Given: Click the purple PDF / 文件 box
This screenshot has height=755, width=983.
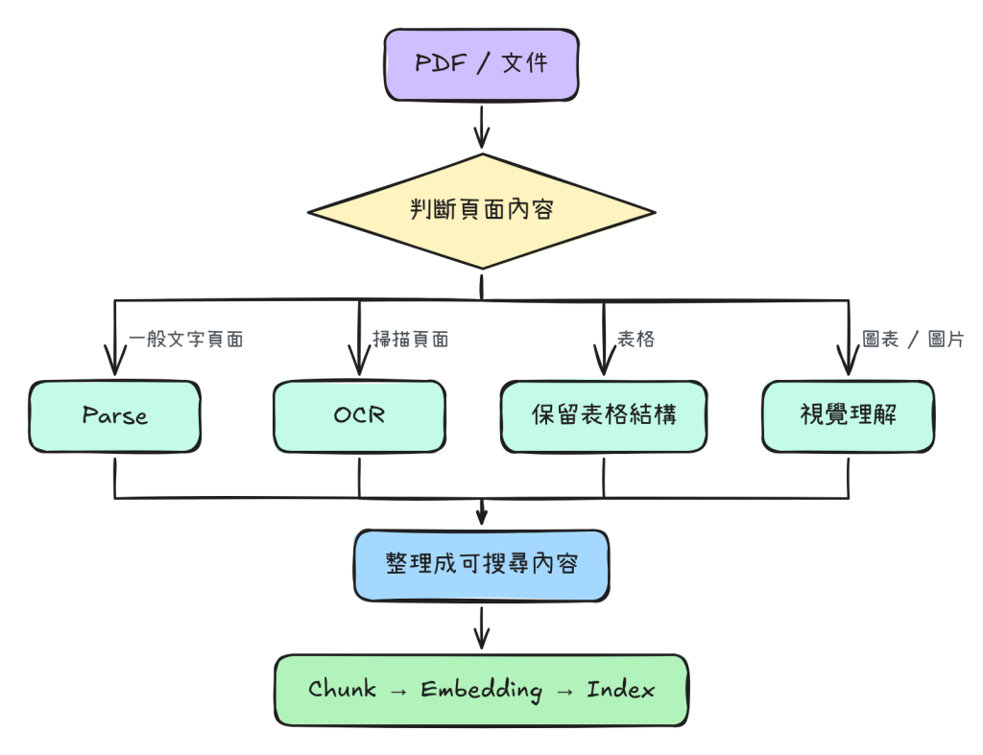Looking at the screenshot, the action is coord(482,64).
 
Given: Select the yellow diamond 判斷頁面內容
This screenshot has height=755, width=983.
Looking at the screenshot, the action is coord(482,212).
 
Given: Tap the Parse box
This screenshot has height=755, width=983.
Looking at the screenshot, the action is coord(115,416).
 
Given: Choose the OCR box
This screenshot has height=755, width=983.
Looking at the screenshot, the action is coord(359,416).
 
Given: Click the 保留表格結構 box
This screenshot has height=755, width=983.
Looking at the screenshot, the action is coord(604,416).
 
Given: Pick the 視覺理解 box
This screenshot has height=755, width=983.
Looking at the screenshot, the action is coord(849,416).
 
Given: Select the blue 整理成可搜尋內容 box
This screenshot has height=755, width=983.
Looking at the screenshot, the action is coord(482,565).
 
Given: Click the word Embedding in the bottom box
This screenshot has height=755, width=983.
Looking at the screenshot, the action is coord(482,690).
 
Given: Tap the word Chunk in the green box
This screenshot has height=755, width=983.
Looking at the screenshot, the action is coord(343,689).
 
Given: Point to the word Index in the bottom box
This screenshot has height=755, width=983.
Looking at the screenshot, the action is coord(621,689).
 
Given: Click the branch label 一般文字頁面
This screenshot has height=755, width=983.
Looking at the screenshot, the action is coord(186,339).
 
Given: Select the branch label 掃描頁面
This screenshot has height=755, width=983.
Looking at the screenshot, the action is coord(411,339).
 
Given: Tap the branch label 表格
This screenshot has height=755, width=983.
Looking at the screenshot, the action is coord(635,339).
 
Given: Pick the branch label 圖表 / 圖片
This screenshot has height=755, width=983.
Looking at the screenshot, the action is coord(913,339).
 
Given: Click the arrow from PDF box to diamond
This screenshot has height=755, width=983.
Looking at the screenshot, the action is coord(482,128).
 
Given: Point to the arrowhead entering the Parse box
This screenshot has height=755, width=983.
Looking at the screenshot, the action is coord(115,361).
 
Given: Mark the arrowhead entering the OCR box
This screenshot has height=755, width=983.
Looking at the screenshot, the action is coord(359,361).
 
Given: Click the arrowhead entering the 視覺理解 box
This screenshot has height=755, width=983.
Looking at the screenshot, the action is coord(849,361).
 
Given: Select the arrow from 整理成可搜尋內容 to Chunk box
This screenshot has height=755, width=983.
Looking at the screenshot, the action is coord(482,627).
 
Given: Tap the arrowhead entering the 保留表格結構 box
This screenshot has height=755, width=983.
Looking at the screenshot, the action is coord(604,361).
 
